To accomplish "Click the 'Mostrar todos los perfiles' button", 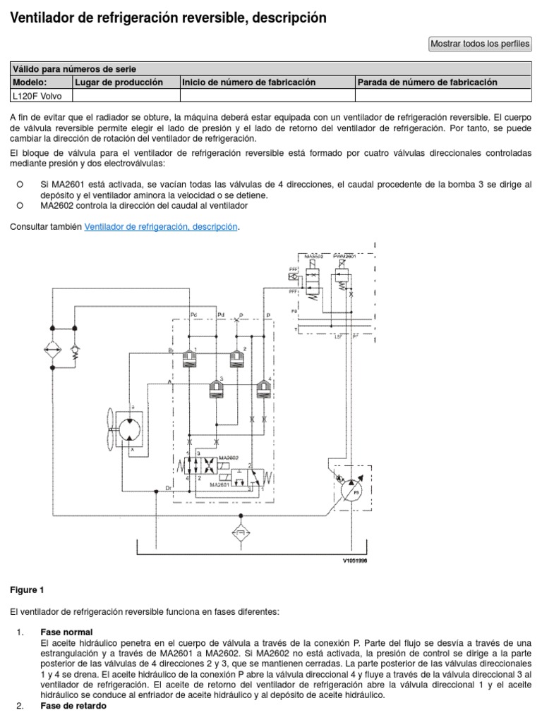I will click(x=480, y=44).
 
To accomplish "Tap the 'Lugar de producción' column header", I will click(x=119, y=82).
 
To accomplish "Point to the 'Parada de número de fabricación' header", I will click(x=427, y=82).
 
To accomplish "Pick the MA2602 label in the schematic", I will click(x=229, y=458).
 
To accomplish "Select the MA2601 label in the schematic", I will click(x=222, y=485).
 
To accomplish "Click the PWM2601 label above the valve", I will click(x=344, y=256).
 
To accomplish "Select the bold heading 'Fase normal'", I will click(x=66, y=631).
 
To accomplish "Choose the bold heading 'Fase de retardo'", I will click(x=73, y=706).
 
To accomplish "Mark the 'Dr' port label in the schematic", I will click(x=168, y=487).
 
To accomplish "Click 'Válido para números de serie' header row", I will click(x=74, y=68).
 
